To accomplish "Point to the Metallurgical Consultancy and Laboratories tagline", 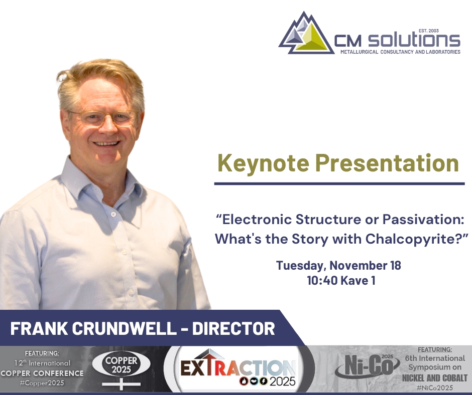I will pos(400,52).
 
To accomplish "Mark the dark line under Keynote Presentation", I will pos(339,184).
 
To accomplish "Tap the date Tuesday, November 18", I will pos(338,265).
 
